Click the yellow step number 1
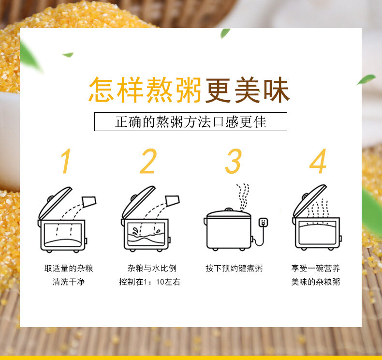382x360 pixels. [x=66, y=161]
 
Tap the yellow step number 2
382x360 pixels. [x=148, y=161]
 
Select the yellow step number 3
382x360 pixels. [x=233, y=161]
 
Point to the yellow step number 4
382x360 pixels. [x=318, y=161]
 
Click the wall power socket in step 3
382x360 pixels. [x=264, y=223]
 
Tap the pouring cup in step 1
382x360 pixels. [x=89, y=202]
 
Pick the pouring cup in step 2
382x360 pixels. [x=172, y=201]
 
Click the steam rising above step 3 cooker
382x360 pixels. [x=243, y=196]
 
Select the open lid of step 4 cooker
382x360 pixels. [x=309, y=200]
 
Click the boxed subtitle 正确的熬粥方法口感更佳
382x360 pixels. [x=191, y=121]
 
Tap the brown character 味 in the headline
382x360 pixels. [x=277, y=90]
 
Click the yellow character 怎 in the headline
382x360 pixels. [x=101, y=90]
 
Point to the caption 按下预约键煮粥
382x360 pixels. [x=234, y=269]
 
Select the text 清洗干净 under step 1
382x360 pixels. [x=69, y=282]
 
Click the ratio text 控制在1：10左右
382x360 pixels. [x=149, y=282]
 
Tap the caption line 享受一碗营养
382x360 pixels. [x=315, y=269]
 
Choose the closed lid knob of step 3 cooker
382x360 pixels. [x=229, y=210]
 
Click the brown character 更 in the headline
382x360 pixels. [x=218, y=90]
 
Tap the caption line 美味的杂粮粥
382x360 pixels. [x=315, y=282]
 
